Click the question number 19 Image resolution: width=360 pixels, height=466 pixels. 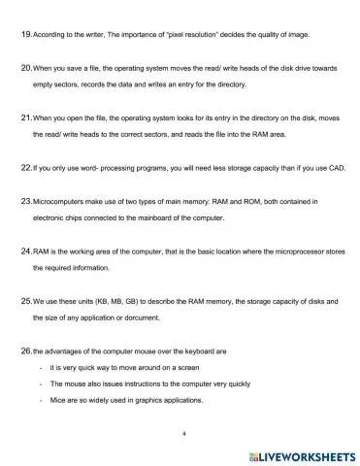[x=25, y=34]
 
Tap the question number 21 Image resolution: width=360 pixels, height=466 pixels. [x=25, y=116]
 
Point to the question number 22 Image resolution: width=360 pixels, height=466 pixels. [x=25, y=167]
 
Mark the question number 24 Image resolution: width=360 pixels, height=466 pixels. [x=25, y=250]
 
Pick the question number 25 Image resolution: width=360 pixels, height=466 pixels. [x=25, y=301]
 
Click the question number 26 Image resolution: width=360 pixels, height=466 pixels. [x=25, y=350]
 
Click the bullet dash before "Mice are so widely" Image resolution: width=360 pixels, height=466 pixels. [x=39, y=400]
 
